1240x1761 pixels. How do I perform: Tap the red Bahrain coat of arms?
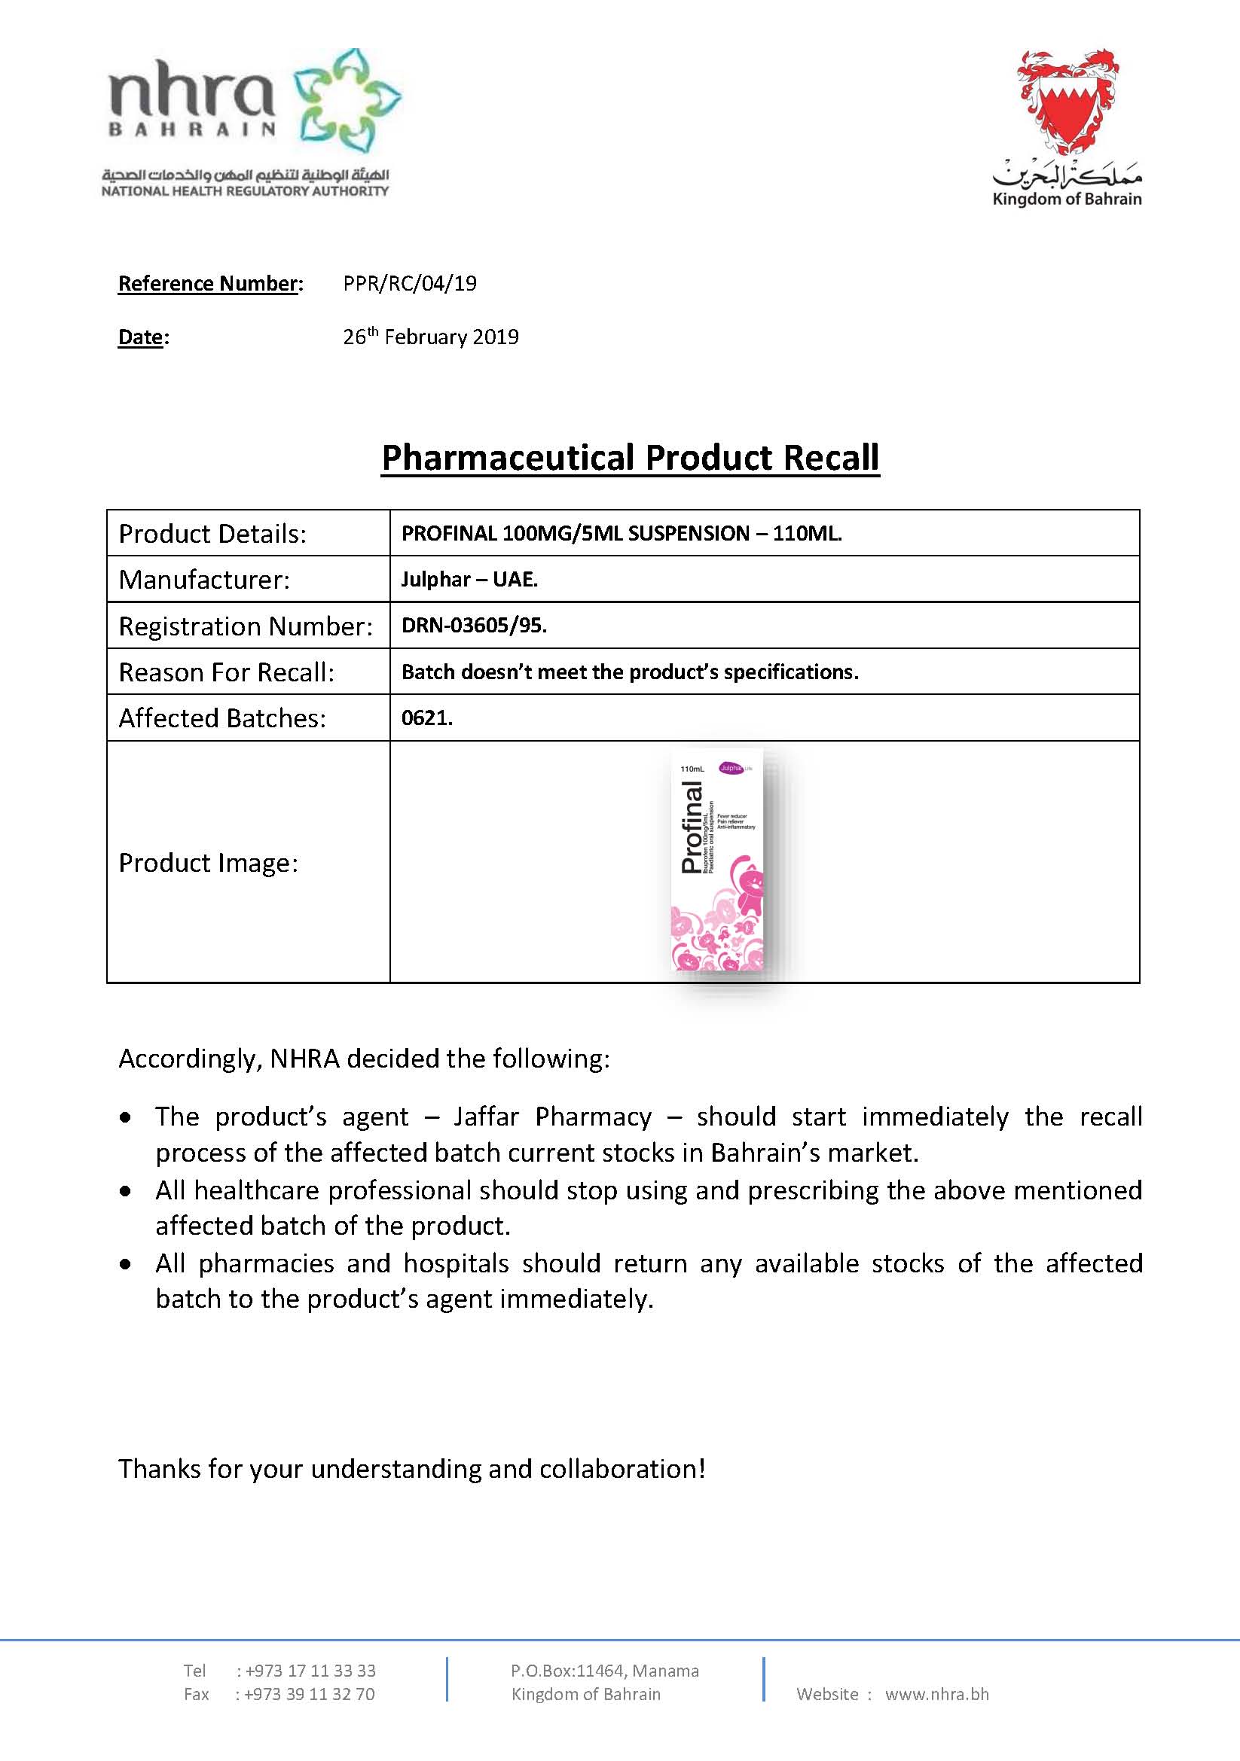point(1067,104)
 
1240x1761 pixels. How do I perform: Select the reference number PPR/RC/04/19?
point(410,284)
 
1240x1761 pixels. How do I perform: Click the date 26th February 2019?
point(430,337)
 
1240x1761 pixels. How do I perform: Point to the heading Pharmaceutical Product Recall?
point(630,458)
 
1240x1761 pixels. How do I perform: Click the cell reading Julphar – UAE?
point(469,579)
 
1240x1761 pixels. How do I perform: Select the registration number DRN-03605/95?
point(473,626)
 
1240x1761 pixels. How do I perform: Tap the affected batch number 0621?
point(426,718)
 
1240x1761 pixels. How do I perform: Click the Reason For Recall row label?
point(226,672)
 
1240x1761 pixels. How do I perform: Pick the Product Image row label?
point(208,864)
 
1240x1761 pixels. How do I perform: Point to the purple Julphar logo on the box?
point(731,768)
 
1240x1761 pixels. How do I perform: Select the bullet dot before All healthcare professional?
point(126,1191)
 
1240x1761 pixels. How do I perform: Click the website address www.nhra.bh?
point(937,1694)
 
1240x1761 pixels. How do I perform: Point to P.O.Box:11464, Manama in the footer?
point(605,1671)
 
